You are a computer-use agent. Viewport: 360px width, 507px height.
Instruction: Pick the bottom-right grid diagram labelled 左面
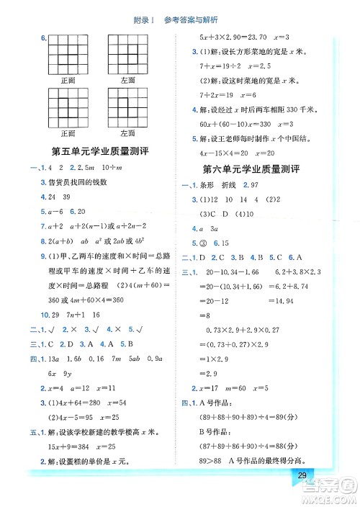tap(128, 107)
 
